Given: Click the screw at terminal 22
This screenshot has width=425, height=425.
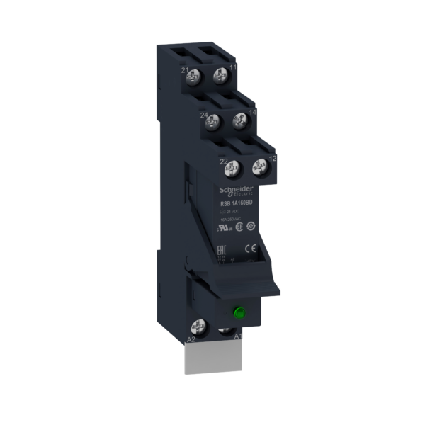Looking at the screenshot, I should (x=229, y=169).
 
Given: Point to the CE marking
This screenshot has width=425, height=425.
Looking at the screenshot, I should (x=250, y=248).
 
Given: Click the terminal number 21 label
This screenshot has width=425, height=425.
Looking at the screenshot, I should (x=185, y=71).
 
